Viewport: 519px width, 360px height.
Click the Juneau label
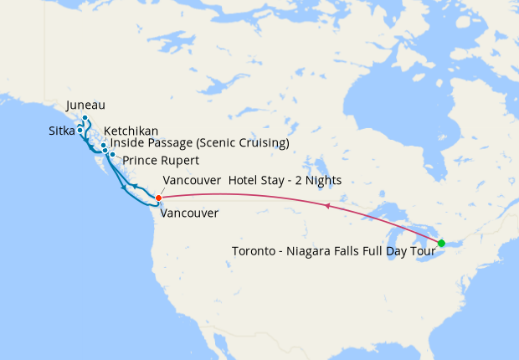pos(85,105)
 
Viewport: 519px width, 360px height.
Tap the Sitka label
pos(61,131)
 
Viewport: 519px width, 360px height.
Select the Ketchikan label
pos(131,131)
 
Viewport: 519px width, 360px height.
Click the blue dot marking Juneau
pos(85,118)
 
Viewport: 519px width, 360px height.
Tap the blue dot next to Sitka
pos(80,131)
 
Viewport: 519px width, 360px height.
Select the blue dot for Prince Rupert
pos(112,155)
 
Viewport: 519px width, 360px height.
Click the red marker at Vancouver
pos(157,198)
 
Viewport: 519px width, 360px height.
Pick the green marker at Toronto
pos(441,244)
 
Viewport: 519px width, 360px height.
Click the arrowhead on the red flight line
pos(327,205)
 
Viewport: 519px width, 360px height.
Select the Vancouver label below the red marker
pos(189,213)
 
